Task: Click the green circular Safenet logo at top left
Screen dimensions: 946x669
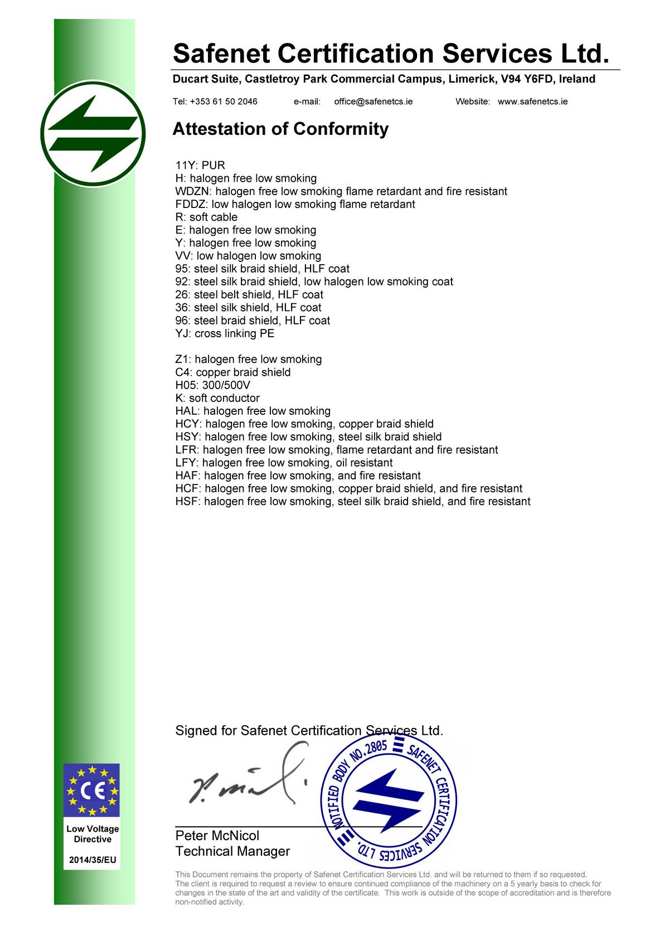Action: coord(93,134)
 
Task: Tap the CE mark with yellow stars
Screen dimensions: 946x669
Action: coord(91,791)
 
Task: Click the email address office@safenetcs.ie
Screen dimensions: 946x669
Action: coord(374,101)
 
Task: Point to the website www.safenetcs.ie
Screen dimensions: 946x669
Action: coord(532,101)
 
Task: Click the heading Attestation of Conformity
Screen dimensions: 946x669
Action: coord(280,129)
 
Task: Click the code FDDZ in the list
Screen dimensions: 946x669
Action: coord(188,205)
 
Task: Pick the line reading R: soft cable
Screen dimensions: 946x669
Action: coord(206,217)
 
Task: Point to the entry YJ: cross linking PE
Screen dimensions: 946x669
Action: coord(225,334)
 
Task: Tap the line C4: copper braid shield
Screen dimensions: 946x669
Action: coord(232,372)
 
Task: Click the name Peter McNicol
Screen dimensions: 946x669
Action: coord(217,836)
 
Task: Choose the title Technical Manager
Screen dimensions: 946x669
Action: coord(232,851)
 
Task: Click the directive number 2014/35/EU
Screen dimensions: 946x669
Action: coord(93,860)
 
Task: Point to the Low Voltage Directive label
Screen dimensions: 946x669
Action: coord(93,834)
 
